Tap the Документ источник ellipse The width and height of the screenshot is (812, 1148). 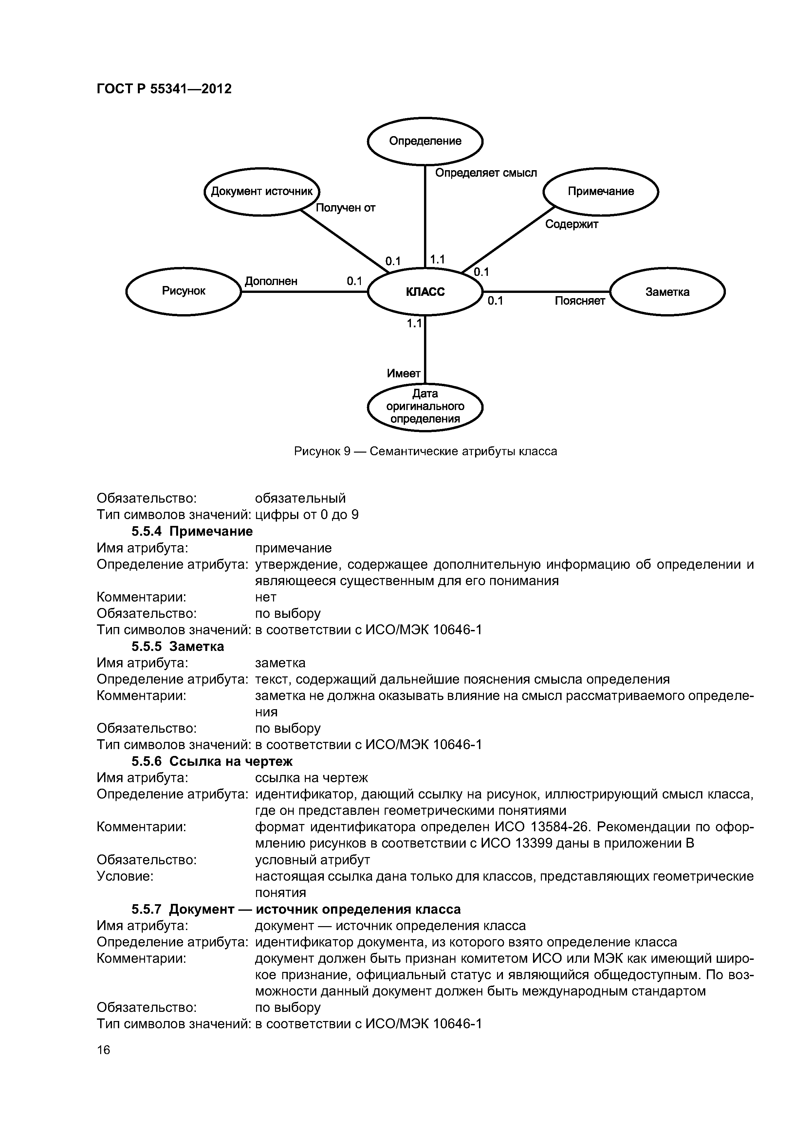click(x=262, y=191)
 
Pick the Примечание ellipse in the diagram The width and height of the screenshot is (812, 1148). click(x=600, y=191)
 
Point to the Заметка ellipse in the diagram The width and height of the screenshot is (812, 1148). click(x=667, y=292)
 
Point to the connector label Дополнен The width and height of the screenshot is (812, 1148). click(x=271, y=281)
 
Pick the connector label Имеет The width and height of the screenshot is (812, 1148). click(x=403, y=373)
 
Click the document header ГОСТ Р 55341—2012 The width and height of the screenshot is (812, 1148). click(x=164, y=89)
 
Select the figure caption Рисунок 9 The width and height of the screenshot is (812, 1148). click(x=425, y=452)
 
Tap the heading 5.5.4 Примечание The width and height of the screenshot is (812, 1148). click(x=192, y=531)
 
